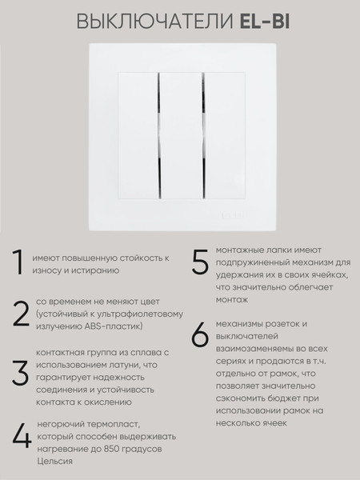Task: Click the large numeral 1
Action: click(x=15, y=263)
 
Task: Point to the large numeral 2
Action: click(x=20, y=314)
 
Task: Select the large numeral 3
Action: click(x=20, y=375)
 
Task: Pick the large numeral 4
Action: click(x=21, y=436)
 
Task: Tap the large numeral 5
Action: click(x=200, y=264)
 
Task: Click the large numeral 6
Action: click(x=201, y=335)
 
